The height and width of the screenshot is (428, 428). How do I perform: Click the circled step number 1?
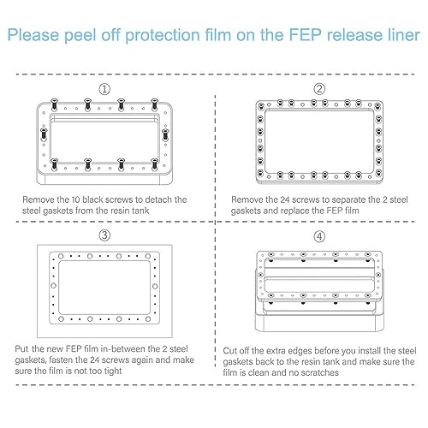[104, 89]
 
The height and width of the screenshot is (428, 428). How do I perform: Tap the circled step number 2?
[318, 89]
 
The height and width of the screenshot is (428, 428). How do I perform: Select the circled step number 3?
[104, 235]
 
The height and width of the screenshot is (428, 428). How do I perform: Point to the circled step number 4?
[318, 235]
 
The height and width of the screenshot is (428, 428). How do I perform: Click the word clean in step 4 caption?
[277, 374]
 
